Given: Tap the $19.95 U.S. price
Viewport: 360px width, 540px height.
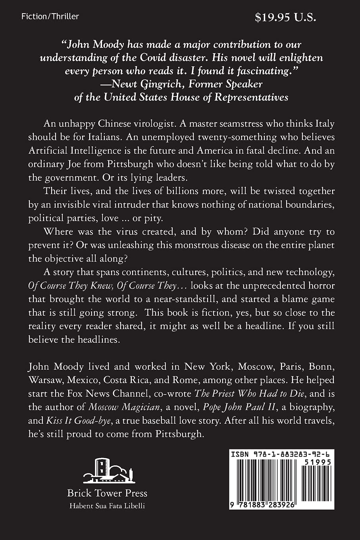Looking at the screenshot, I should coord(288,17).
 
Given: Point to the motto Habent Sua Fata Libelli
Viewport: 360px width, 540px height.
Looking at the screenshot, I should coord(107,506).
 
